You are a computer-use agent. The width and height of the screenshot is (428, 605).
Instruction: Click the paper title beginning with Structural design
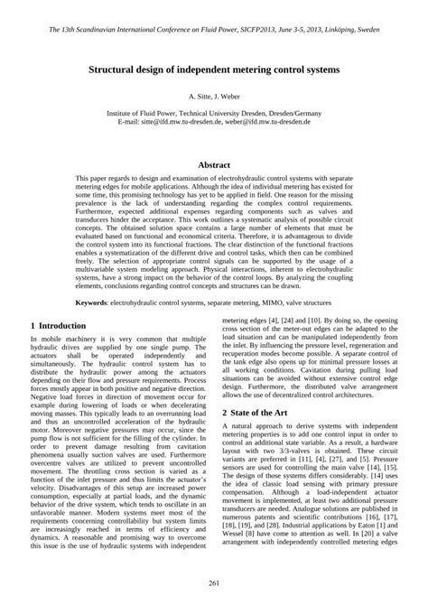pos(213,69)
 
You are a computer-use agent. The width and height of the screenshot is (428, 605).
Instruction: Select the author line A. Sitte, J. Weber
pos(213,95)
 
